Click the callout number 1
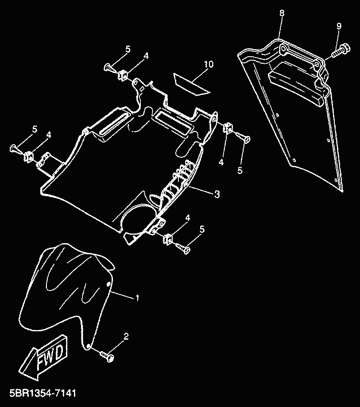137,298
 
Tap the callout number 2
126,336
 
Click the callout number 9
339,26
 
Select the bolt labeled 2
107,355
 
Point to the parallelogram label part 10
191,83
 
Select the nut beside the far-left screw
29,155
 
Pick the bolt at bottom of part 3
183,248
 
